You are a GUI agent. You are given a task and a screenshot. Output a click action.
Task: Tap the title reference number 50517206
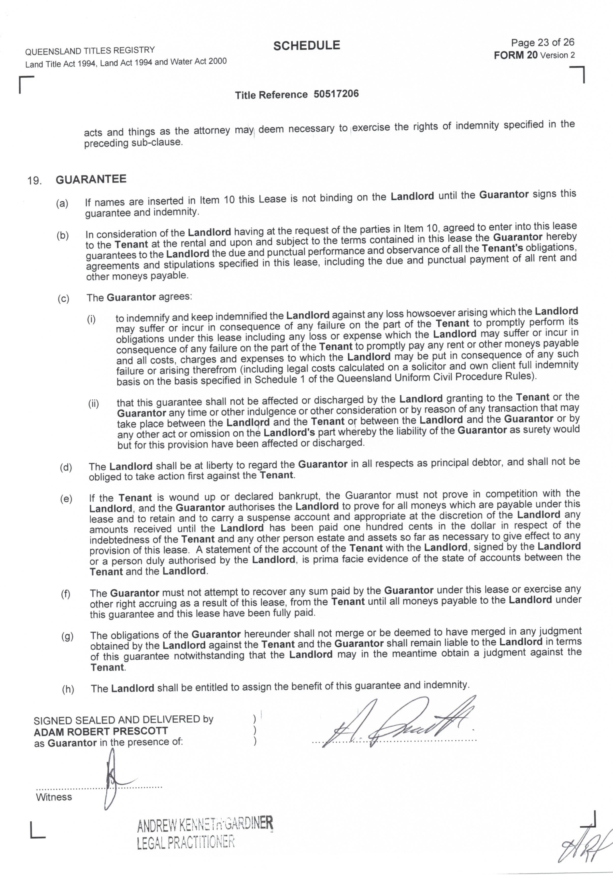tap(336, 94)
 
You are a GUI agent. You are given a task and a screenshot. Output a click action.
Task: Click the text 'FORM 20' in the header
tap(516, 55)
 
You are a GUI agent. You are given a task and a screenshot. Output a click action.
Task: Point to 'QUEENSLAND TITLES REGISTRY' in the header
tap(90, 51)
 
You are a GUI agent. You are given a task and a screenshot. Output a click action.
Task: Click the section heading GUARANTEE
tap(91, 179)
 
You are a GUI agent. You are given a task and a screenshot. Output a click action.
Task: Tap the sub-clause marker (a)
tap(62, 203)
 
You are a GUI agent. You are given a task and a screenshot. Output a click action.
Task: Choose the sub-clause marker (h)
tap(68, 689)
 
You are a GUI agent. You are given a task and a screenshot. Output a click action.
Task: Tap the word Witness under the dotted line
tap(54, 797)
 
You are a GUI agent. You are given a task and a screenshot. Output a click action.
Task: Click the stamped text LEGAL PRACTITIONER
tap(186, 841)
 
